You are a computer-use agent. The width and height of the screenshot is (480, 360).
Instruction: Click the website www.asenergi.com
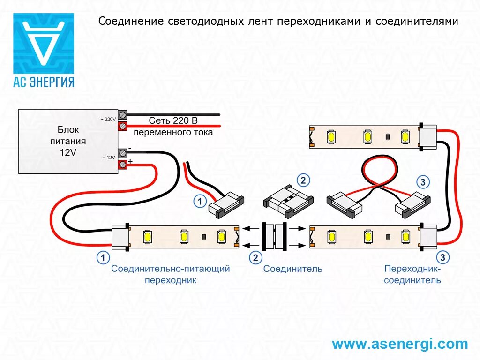[x=400, y=344]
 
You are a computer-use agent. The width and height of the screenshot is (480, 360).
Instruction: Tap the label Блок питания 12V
[x=68, y=141]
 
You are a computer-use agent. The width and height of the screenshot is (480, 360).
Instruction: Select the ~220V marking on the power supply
[x=108, y=120]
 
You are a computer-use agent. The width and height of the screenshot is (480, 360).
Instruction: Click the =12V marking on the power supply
[x=108, y=157]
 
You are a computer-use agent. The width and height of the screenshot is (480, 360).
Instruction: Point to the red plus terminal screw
[x=123, y=164]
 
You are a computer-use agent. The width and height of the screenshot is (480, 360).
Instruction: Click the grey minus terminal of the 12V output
[x=123, y=153]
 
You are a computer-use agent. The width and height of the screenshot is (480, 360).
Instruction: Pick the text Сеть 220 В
[x=173, y=121]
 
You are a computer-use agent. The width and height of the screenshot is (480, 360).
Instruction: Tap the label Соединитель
[x=292, y=269]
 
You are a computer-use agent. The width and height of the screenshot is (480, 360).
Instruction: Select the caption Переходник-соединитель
[x=412, y=275]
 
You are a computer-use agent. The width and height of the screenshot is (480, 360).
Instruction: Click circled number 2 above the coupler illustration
[x=303, y=180]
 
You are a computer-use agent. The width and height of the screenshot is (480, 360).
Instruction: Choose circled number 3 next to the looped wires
[x=423, y=182]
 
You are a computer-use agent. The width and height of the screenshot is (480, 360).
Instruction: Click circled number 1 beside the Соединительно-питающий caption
[x=103, y=257]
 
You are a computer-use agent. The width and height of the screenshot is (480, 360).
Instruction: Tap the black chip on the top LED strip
[x=388, y=137]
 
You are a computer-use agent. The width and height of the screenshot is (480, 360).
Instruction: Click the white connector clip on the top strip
[x=427, y=136]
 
